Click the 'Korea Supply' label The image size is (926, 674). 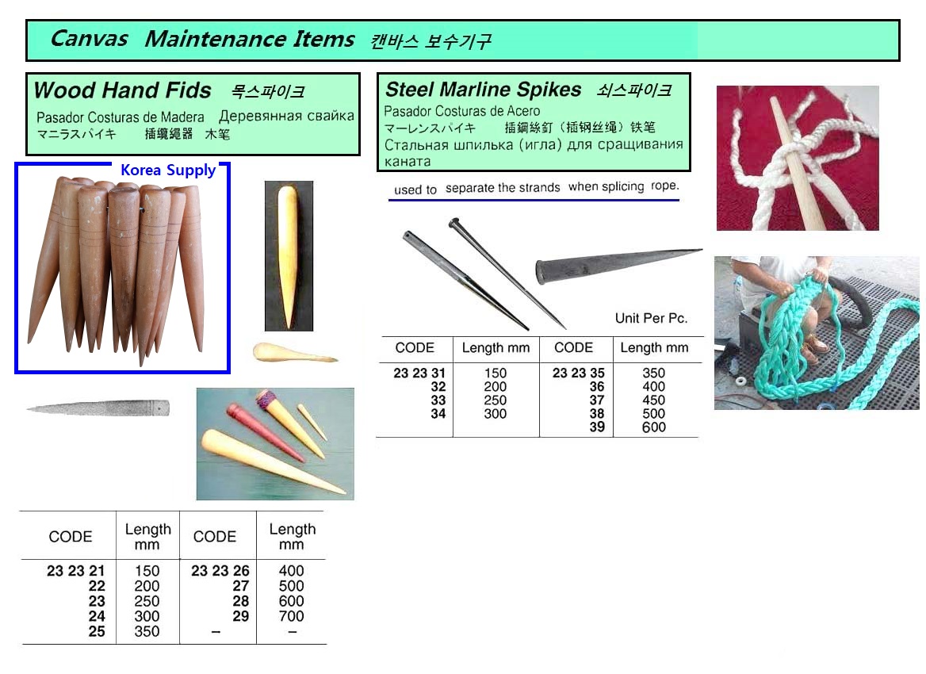pos(168,170)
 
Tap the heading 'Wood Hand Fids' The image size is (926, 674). pos(122,90)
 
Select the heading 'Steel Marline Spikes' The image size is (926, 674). pos(483,89)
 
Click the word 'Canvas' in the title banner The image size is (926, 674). pos(89,38)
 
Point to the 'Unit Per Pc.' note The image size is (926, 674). pos(652,319)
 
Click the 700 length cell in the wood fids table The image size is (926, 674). pos(291,616)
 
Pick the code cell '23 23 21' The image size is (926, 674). pos(75,571)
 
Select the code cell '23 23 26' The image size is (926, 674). pos(220,571)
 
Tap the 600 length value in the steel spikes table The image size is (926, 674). pos(654,427)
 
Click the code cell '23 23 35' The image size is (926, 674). pos(578,373)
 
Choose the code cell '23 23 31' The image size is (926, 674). pos(419,373)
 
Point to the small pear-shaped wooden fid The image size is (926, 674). pos(293,353)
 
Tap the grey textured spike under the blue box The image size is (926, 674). pos(98,408)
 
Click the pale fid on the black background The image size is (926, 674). pos(288,256)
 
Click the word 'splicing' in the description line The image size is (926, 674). pos(606,186)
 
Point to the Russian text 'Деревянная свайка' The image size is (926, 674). pos(286,116)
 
